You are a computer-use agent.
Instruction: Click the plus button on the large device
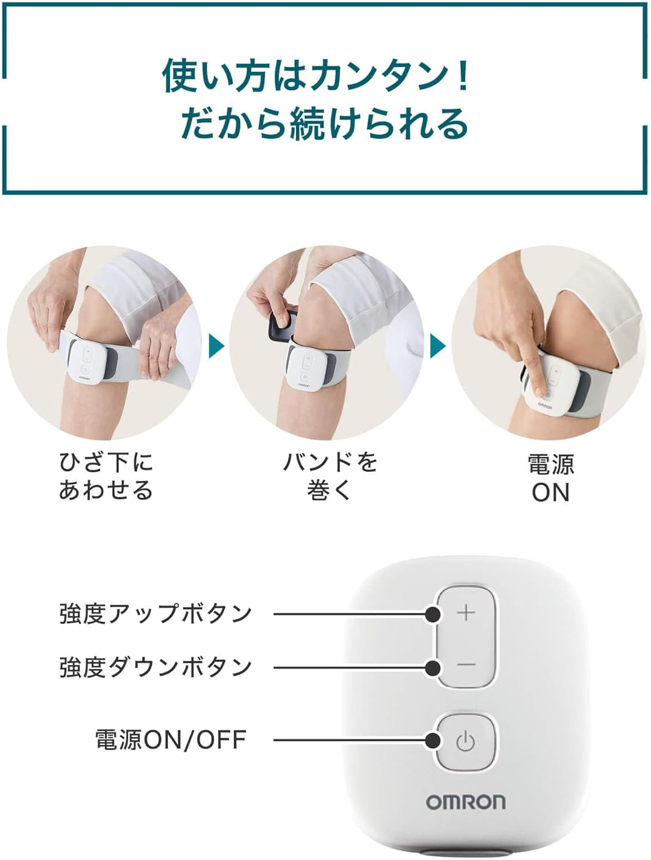click(466, 613)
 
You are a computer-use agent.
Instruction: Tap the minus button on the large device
click(466, 665)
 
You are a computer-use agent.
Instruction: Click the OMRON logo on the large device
click(466, 802)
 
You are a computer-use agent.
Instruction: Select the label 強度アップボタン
click(156, 614)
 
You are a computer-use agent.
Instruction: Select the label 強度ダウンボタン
click(156, 667)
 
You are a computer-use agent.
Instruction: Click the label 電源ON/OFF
click(171, 739)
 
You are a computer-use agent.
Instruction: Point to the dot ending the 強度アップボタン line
click(432, 614)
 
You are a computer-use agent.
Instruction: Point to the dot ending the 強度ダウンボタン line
click(432, 667)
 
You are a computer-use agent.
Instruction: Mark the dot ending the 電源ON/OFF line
click(432, 740)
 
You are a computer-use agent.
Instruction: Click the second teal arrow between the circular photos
click(438, 347)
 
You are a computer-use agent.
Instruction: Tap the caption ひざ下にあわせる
click(106, 476)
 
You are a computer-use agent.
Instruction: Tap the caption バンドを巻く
click(330, 476)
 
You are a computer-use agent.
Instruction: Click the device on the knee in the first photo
click(86, 362)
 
